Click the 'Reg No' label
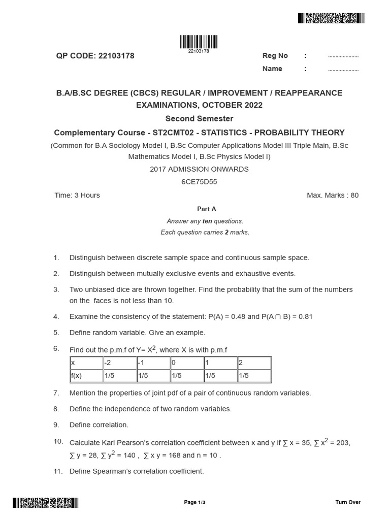coord(275,56)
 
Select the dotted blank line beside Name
coord(343,70)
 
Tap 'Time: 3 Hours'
coord(77,196)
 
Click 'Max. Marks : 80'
coord(333,196)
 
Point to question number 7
coord(56,393)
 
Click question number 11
coord(57,471)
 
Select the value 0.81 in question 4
coord(305,317)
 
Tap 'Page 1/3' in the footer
coord(194,502)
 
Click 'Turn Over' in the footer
coord(348,502)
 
